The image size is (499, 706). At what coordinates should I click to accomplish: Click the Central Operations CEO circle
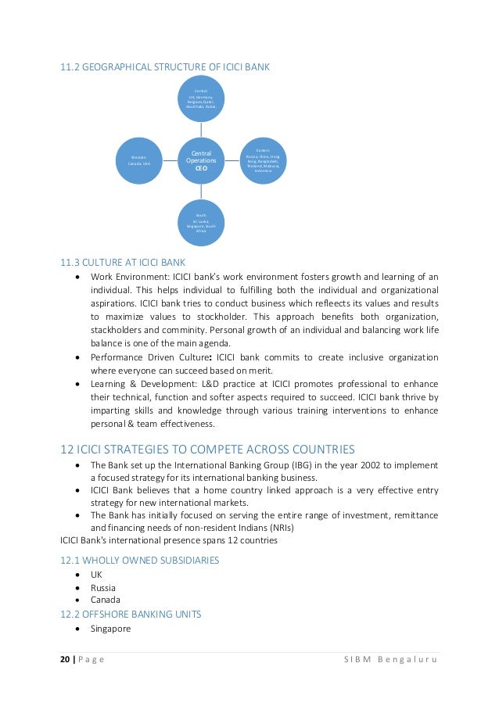[x=201, y=156]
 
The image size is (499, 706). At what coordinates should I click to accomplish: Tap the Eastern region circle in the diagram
[x=263, y=160]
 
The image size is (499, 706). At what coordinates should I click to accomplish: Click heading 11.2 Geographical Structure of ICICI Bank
[x=165, y=67]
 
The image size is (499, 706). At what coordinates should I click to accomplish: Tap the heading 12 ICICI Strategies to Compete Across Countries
[x=207, y=449]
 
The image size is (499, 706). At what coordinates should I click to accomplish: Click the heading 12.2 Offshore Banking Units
[x=131, y=615]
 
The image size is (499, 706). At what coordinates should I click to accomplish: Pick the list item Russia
[x=103, y=587]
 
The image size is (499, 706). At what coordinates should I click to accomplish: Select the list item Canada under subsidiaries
[x=106, y=600]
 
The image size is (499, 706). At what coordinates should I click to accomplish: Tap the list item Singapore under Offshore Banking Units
[x=110, y=629]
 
